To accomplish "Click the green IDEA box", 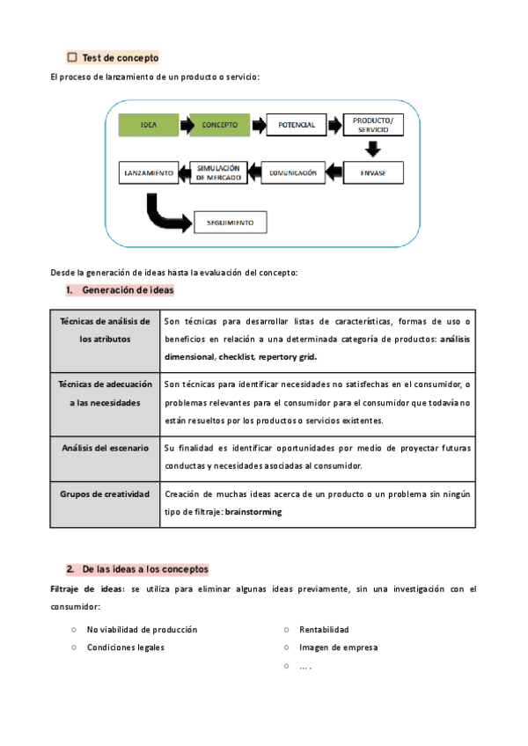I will tap(149, 125).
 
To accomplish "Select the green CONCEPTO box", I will tap(220, 125).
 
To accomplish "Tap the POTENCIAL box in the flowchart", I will tap(297, 125).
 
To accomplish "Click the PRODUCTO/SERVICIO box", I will tap(373, 125).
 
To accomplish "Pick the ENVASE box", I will tap(373, 172).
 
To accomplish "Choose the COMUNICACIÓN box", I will tap(293, 172).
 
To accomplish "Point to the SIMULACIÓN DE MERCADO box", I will tap(218, 172).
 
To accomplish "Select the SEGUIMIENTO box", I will tap(230, 223).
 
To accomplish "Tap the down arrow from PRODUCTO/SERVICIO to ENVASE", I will tap(373, 149).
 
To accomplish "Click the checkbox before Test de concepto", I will tap(72, 57).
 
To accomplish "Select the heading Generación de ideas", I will tap(128, 290).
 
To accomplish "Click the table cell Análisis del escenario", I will tap(105, 449).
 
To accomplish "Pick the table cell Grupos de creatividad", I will tap(105, 494).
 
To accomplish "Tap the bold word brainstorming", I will tap(253, 511).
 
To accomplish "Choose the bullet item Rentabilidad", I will tap(324, 630).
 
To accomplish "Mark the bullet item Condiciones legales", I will tap(125, 647).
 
